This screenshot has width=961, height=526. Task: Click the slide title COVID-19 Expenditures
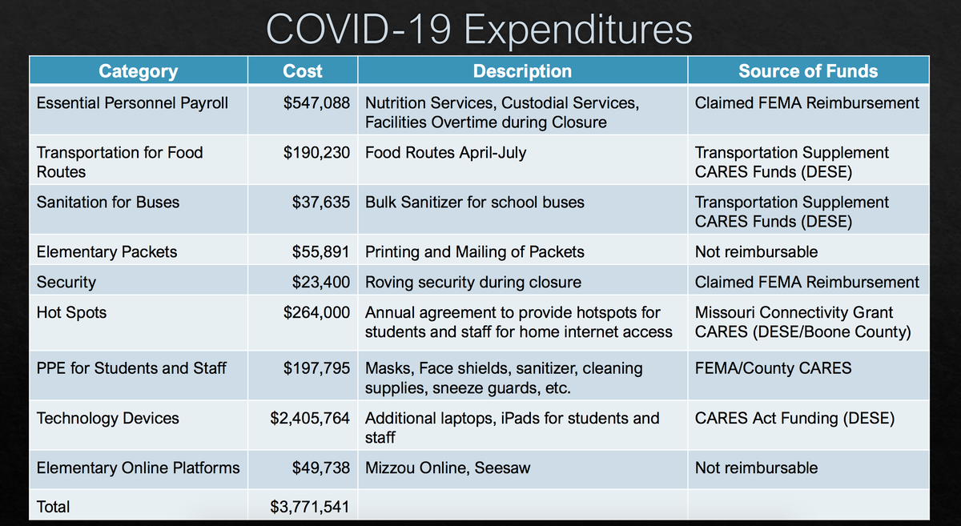479,30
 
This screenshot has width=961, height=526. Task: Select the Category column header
138,71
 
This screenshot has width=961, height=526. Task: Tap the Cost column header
303,71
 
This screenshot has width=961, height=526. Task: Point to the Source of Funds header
807,71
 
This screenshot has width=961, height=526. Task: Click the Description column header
522,71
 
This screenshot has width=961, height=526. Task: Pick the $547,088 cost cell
316,103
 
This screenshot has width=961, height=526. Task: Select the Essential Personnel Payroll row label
132,103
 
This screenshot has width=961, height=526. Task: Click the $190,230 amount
316,153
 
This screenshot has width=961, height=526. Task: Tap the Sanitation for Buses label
108,203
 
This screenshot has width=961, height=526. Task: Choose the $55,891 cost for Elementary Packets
320,252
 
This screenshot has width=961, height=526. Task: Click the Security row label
66,283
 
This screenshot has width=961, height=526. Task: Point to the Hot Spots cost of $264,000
316,313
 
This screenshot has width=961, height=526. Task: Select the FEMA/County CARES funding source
773,369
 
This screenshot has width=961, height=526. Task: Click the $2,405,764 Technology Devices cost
310,419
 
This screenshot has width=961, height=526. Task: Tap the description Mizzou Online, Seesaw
448,468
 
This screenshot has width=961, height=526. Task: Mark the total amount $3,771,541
310,507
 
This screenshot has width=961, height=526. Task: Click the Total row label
54,507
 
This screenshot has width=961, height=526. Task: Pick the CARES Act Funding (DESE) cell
794,419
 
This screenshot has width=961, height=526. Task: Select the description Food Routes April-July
445,153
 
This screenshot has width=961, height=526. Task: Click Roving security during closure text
473,283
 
